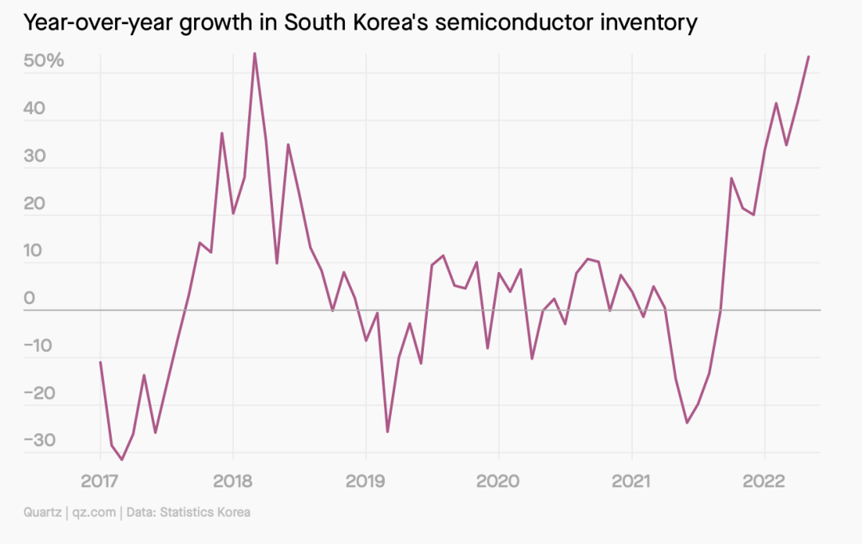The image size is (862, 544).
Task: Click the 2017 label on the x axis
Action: click(x=100, y=481)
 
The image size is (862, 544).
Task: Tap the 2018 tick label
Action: click(x=232, y=481)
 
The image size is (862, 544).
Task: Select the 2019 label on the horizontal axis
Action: click(x=366, y=481)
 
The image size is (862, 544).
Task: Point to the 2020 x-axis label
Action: click(x=498, y=481)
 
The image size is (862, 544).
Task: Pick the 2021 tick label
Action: click(x=631, y=481)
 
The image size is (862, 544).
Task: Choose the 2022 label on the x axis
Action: click(x=765, y=481)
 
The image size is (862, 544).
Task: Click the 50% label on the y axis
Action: click(x=44, y=61)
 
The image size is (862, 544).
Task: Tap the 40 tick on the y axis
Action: click(x=39, y=108)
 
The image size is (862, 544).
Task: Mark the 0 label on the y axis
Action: click(x=30, y=298)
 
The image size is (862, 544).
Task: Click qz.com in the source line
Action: click(x=94, y=512)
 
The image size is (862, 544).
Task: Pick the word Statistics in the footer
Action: click(x=188, y=512)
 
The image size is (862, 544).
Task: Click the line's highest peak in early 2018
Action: click(x=255, y=53)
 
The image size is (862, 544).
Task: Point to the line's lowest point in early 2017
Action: click(x=122, y=459)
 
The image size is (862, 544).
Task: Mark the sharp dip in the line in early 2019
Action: click(x=388, y=432)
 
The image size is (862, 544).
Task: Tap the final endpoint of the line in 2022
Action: click(x=809, y=57)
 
